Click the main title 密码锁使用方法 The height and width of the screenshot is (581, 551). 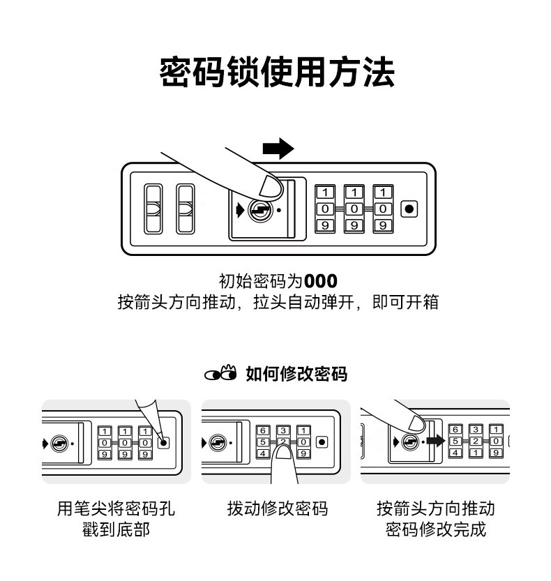pyautogui.click(x=277, y=73)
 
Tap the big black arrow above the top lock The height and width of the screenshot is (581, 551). pyautogui.click(x=278, y=149)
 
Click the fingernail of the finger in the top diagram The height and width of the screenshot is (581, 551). pyautogui.click(x=270, y=186)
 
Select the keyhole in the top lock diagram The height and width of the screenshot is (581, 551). pyautogui.click(x=260, y=211)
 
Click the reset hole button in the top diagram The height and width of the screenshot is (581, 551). pyautogui.click(x=409, y=209)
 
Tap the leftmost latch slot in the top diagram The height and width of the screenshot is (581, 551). pyautogui.click(x=153, y=209)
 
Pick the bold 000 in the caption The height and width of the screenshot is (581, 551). pyautogui.click(x=321, y=281)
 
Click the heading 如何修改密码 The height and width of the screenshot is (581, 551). pyautogui.click(x=296, y=374)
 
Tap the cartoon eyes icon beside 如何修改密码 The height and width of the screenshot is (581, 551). pyautogui.click(x=221, y=374)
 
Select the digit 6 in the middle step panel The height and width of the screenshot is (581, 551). pyautogui.click(x=263, y=430)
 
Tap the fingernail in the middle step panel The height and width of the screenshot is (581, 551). pyautogui.click(x=284, y=452)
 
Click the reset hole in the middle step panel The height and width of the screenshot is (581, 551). pyautogui.click(x=322, y=442)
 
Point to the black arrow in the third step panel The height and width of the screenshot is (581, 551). pyautogui.click(x=436, y=441)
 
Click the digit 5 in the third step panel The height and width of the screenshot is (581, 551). pyautogui.click(x=455, y=441)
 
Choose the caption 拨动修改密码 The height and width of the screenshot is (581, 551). pyautogui.click(x=278, y=508)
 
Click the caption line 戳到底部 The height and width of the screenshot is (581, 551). pyautogui.click(x=116, y=529)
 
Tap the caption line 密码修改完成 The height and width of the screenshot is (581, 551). pyautogui.click(x=435, y=529)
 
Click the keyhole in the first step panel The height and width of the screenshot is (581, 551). pyautogui.click(x=60, y=443)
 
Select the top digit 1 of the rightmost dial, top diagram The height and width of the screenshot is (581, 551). pyautogui.click(x=383, y=193)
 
